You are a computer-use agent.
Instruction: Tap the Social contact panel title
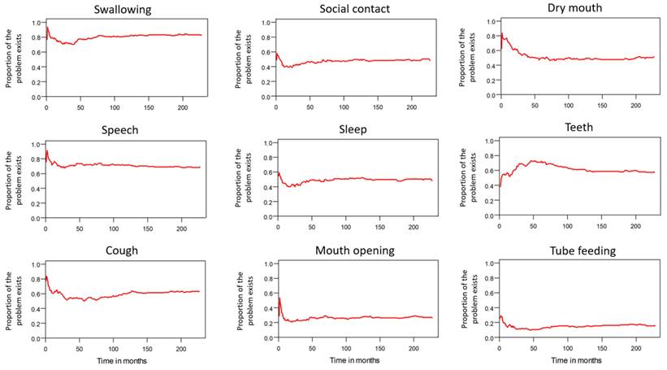(352, 9)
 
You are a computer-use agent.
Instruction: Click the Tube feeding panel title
(578, 250)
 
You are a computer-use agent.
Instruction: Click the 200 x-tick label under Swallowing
(181, 108)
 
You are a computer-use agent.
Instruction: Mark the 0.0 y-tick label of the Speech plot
(34, 218)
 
